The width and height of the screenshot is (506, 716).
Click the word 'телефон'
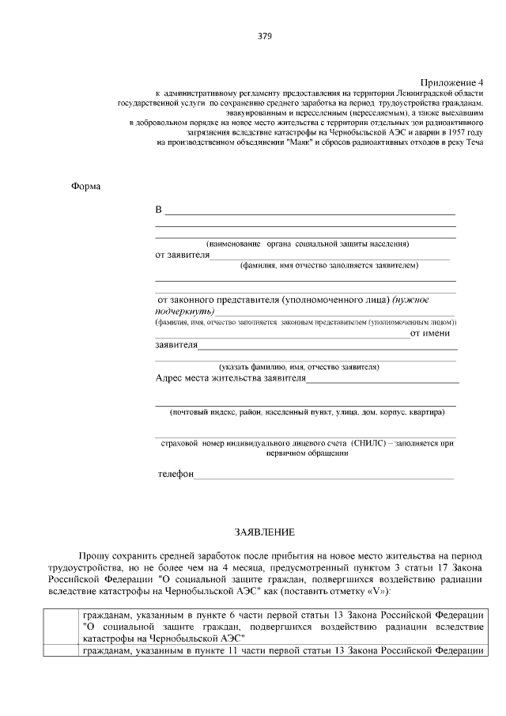coord(176,474)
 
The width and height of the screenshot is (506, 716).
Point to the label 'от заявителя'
coord(182,256)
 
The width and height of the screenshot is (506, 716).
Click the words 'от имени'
coord(433,333)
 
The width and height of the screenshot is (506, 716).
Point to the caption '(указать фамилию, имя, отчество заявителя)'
coord(299,367)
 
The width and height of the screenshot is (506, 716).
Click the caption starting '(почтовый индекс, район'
coord(307,412)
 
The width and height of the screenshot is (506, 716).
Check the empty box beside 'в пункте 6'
coord(61,626)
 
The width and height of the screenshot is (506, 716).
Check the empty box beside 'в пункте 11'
coord(61,651)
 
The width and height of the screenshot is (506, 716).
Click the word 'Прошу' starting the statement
coord(93,558)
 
